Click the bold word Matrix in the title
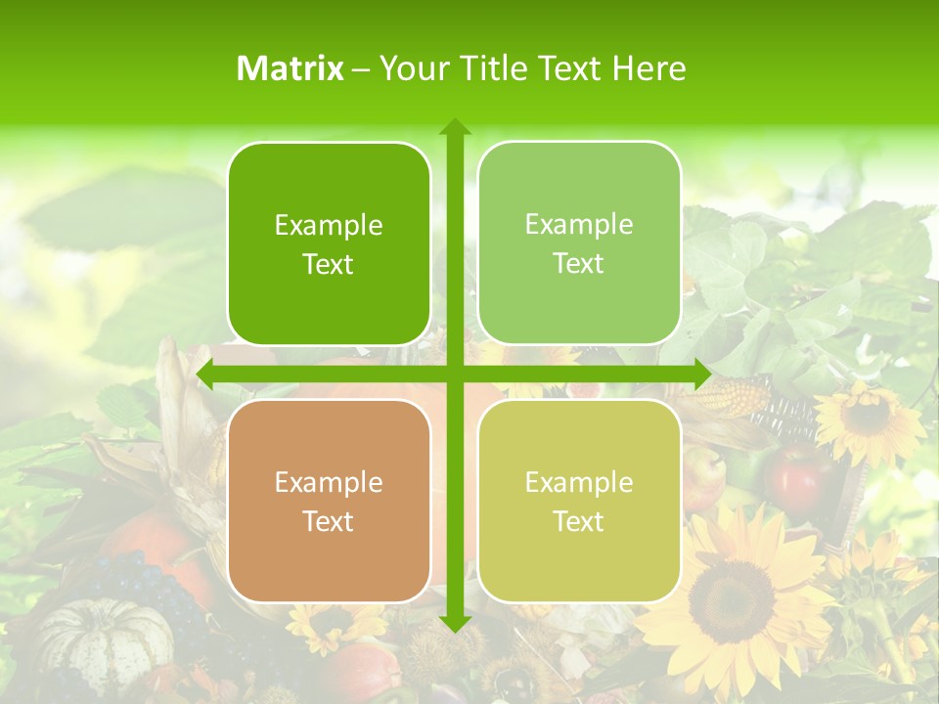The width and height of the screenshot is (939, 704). click(x=290, y=68)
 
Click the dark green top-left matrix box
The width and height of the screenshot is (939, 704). click(x=329, y=243)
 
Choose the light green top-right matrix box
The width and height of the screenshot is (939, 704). click(x=579, y=243)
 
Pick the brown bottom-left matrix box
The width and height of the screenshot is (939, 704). click(x=329, y=501)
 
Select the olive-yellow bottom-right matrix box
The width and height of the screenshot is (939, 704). click(x=579, y=501)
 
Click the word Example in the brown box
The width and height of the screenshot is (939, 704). click(x=329, y=482)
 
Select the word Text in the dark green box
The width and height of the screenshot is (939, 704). click(x=329, y=264)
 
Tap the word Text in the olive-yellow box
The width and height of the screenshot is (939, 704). click(x=579, y=521)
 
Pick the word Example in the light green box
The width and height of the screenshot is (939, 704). click(x=579, y=224)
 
